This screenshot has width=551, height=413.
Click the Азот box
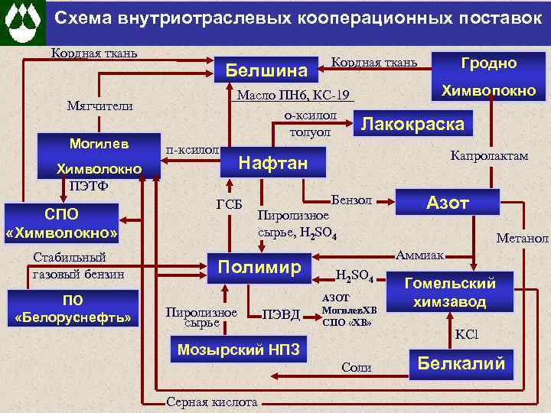448,202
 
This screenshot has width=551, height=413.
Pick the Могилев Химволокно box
99,156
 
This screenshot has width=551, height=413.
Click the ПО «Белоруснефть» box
73,307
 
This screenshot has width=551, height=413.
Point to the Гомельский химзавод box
449,292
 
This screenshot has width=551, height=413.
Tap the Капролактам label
489,155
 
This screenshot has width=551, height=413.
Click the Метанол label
522,239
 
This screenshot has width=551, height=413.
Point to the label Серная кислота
212,403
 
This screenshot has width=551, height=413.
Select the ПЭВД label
281,314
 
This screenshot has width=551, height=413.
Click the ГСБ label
229,204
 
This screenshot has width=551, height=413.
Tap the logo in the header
22,23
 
